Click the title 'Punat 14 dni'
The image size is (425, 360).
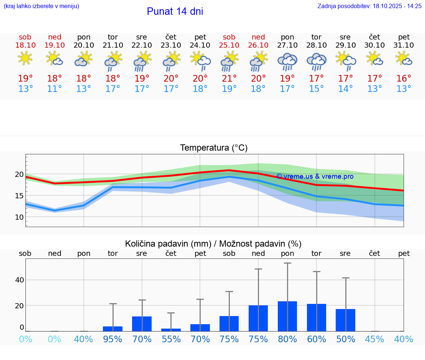tap(175, 11)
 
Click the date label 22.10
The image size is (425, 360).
tap(142, 45)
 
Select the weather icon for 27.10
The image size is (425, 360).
tap(287, 61)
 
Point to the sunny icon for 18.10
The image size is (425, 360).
tap(25, 58)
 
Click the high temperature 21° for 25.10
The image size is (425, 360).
tap(229, 78)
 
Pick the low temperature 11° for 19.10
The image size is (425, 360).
tap(54, 89)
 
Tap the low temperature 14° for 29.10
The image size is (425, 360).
tap(346, 89)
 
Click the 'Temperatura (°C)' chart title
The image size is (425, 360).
tap(214, 148)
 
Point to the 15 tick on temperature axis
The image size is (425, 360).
tap(19, 195)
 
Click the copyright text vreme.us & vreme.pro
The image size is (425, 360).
tap(315, 176)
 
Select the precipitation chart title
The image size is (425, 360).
tap(213, 244)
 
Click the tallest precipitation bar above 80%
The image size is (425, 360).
tap(287, 316)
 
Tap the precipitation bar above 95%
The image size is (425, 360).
tap(113, 329)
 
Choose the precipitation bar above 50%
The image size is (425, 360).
tap(346, 320)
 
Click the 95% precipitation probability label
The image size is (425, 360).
tap(113, 339)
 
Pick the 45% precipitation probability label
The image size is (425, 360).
tap(374, 339)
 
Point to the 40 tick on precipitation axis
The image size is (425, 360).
tap(19, 280)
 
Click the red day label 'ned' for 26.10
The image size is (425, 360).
tap(258, 37)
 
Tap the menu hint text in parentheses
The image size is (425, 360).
tap(41, 6)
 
